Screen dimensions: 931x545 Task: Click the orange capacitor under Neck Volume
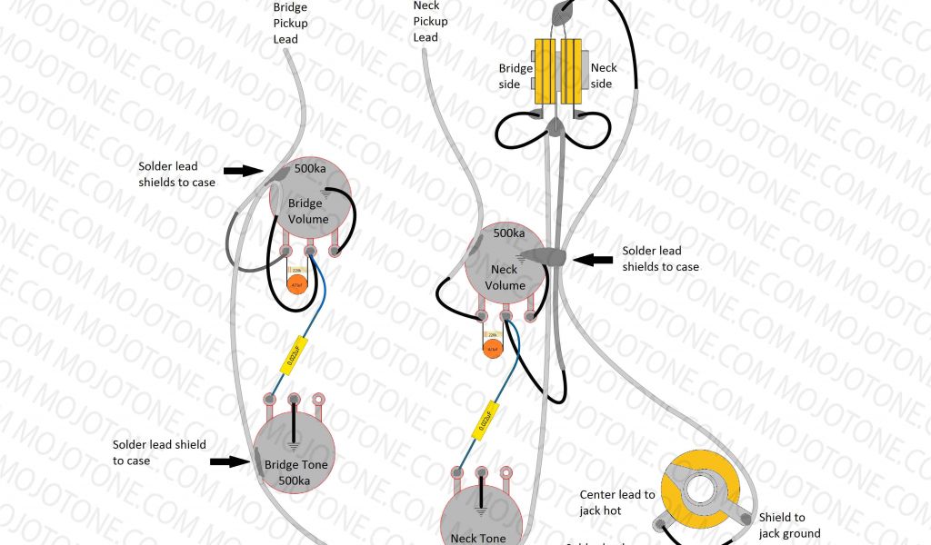(493, 349)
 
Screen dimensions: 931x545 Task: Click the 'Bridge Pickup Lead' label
(290, 24)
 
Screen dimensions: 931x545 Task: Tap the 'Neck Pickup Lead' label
(430, 22)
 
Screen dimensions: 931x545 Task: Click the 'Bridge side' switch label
(515, 76)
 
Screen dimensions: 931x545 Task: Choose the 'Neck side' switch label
(603, 76)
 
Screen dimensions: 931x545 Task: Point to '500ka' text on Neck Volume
(509, 233)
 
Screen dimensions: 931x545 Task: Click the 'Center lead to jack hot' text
(616, 502)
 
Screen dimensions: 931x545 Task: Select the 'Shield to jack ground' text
(789, 525)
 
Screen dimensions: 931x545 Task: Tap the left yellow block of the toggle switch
(546, 72)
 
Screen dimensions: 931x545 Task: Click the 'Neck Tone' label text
(479, 538)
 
